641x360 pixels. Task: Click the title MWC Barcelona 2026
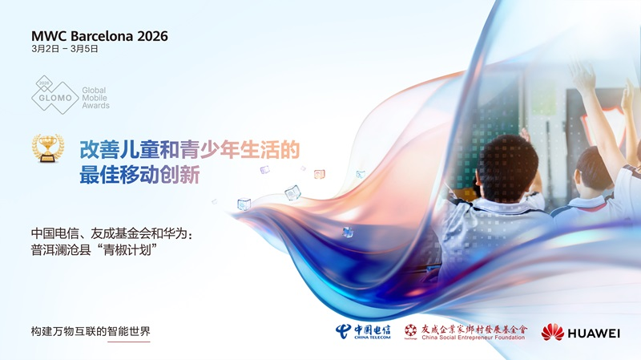[x=99, y=36]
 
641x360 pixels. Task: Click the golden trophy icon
[x=48, y=148]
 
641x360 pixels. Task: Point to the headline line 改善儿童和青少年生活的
[x=189, y=149]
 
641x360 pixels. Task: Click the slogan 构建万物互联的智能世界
[x=91, y=331]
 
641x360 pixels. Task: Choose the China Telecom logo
[x=362, y=331]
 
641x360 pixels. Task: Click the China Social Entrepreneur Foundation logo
[x=466, y=331]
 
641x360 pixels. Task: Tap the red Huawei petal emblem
[x=552, y=332]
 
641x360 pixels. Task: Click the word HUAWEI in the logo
[x=595, y=333]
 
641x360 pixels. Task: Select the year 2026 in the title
[x=152, y=36]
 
